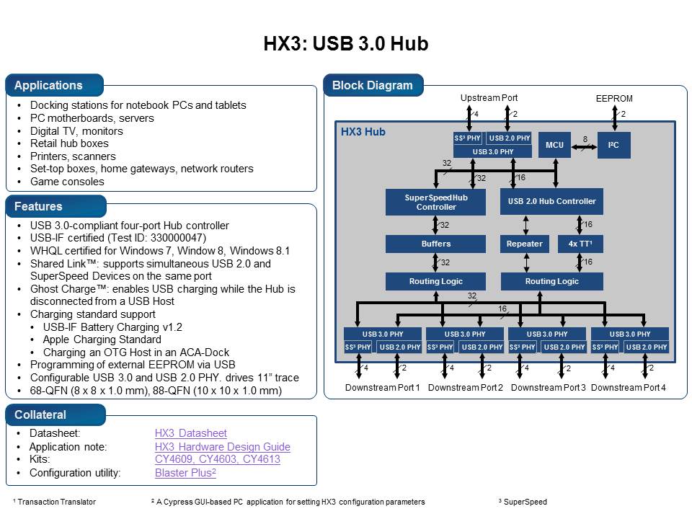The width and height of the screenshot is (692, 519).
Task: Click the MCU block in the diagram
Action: click(554, 145)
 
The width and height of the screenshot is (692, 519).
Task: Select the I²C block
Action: click(613, 145)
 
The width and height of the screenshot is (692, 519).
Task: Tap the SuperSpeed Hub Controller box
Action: click(436, 201)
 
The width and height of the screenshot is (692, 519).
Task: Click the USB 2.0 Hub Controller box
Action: click(551, 201)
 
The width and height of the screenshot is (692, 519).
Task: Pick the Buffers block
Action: click(436, 244)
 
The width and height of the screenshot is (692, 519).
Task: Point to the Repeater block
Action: click(525, 244)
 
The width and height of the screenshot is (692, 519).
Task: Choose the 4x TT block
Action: click(580, 244)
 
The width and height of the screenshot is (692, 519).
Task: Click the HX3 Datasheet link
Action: click(190, 433)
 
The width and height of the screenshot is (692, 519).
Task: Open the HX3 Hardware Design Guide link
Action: click(222, 447)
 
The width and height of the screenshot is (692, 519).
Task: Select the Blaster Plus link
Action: click(185, 473)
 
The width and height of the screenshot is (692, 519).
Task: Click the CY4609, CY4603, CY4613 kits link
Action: click(217, 459)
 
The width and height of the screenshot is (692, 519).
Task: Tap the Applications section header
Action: click(49, 85)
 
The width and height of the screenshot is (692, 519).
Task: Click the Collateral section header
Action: click(40, 414)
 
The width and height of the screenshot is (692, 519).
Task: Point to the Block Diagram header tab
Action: click(372, 85)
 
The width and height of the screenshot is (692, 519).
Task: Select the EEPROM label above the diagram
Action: click(614, 99)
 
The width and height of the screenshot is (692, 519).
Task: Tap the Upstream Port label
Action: click(489, 98)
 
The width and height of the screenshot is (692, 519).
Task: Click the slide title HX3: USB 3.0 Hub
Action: click(346, 44)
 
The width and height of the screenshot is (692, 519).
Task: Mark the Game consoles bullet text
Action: click(67, 182)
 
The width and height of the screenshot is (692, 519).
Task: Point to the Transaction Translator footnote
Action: click(56, 502)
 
